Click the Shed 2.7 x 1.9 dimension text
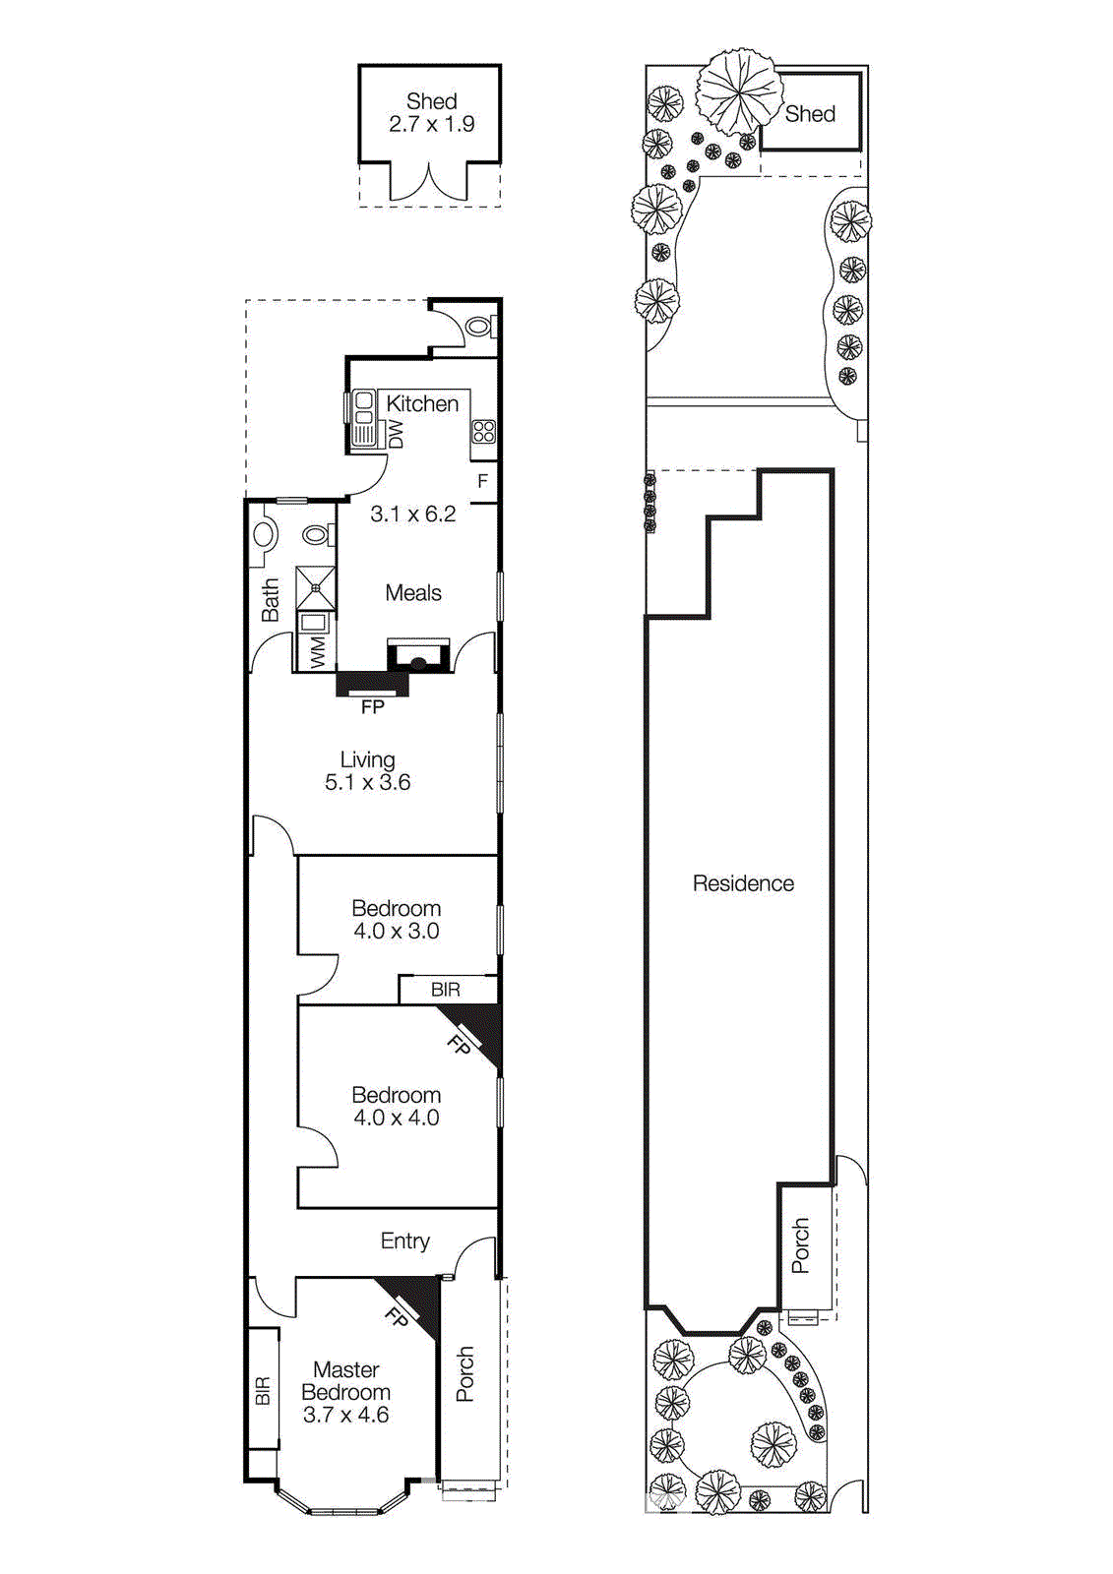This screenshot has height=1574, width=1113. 431,125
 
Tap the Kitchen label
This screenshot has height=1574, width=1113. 422,403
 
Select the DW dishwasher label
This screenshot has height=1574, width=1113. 396,434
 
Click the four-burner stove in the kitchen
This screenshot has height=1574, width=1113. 483,431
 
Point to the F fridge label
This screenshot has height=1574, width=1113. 482,481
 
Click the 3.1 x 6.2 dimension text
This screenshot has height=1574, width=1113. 412,514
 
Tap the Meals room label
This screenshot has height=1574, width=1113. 413,593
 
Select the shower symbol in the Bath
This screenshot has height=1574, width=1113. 316,587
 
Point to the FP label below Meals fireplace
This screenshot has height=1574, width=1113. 372,707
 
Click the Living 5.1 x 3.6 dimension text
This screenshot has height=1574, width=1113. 367,783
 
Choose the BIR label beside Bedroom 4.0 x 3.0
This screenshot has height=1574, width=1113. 446,990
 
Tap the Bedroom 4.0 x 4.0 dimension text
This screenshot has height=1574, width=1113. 396,1119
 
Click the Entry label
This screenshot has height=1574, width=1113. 404,1241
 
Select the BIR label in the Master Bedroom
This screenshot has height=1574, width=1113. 262,1391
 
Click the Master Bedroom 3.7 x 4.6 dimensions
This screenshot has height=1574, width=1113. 345,1416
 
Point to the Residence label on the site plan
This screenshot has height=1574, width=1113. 743,883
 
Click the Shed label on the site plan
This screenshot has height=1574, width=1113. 810,114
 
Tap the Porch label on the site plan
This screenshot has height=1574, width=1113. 801,1246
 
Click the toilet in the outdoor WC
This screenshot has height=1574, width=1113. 479,326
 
